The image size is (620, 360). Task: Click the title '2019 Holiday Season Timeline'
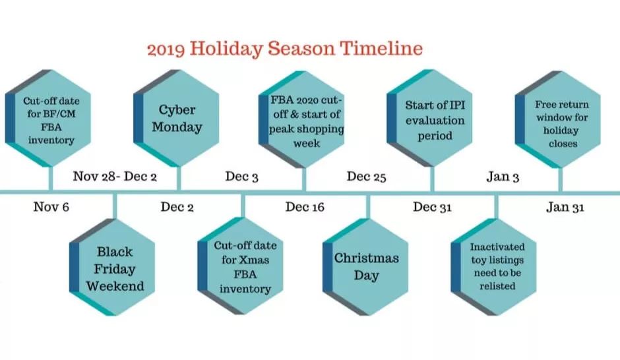[x=285, y=49]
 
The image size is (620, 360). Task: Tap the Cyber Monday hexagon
[x=176, y=118]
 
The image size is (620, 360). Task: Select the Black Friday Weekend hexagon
[x=112, y=267]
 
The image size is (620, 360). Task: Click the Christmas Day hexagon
[x=365, y=267]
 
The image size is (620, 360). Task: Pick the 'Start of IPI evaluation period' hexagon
[x=429, y=118]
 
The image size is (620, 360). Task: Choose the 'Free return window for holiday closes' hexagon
[x=558, y=119]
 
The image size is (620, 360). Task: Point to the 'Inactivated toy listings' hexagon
[x=493, y=267]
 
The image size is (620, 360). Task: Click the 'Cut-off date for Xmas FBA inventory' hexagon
[x=240, y=266]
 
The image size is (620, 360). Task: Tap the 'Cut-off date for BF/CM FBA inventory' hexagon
[x=48, y=118]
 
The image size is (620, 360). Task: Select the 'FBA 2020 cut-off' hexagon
[x=301, y=119]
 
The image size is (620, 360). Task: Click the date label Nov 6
[x=51, y=206]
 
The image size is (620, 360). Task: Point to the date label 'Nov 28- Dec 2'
[x=115, y=176]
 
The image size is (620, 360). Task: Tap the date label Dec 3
[x=241, y=177]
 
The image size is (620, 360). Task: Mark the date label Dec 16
[x=305, y=206]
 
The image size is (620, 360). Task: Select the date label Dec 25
[x=366, y=177]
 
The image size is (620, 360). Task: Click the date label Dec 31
[x=432, y=206]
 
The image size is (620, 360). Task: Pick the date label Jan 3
[x=503, y=177]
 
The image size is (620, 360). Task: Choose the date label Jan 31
[x=565, y=206]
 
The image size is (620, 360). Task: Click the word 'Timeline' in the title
[x=382, y=48]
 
